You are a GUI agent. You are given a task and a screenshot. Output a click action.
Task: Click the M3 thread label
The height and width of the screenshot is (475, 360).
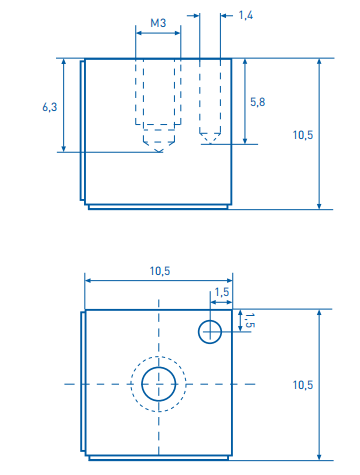pos(158,23)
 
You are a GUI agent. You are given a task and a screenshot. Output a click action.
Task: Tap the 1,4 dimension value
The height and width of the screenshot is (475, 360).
pos(246,15)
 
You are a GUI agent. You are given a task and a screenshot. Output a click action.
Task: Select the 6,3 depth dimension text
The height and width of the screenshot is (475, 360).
pos(50,107)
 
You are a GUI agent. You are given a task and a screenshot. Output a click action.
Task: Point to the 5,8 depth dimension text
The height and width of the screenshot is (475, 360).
pos(258,102)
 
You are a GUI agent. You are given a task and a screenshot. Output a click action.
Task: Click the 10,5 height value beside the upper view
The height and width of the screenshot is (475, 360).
pos(303,135)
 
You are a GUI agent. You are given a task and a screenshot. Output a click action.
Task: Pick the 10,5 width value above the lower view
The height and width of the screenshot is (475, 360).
pos(160,271)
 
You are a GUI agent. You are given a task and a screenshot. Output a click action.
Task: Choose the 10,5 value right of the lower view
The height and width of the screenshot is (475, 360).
pos(303,385)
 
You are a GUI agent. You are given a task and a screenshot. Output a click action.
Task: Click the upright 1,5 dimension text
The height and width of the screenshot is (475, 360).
pos(222,292)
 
